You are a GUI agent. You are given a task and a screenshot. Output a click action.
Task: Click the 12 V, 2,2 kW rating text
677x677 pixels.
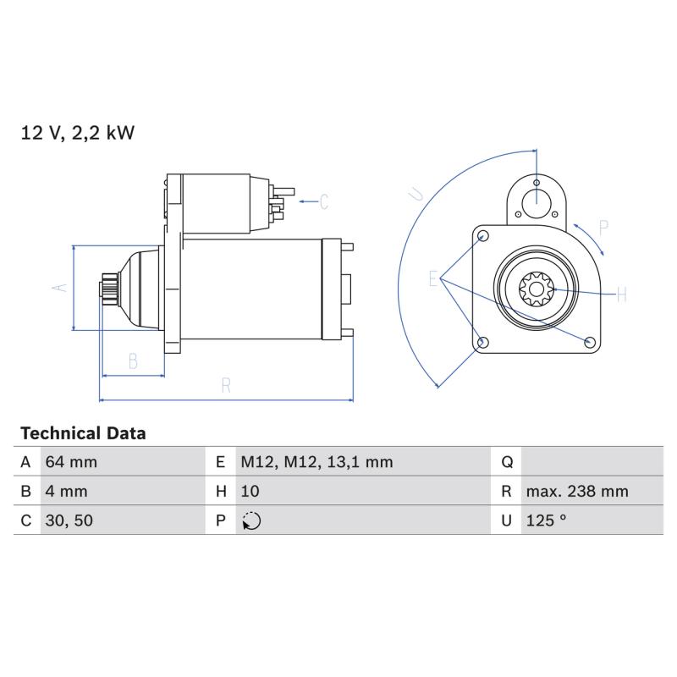[x=78, y=133]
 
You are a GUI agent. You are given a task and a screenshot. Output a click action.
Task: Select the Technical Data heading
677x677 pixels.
[x=83, y=433]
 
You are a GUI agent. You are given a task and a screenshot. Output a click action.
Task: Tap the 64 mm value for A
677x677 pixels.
[x=71, y=462]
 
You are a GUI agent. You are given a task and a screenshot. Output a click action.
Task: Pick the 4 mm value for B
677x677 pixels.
[x=66, y=492]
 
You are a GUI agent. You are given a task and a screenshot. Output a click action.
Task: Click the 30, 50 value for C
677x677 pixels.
[x=69, y=520]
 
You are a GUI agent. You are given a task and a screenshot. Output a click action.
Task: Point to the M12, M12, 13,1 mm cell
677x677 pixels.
[x=316, y=462]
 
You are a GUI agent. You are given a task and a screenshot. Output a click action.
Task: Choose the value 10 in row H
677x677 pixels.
[x=250, y=492]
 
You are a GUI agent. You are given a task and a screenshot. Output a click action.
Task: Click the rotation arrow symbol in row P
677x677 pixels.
[x=251, y=520]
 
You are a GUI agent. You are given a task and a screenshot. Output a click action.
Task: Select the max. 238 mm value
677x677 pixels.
[x=577, y=492]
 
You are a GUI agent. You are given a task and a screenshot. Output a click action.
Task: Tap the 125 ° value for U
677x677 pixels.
[x=546, y=520]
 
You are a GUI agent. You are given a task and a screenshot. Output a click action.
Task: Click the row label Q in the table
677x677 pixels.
[x=507, y=462]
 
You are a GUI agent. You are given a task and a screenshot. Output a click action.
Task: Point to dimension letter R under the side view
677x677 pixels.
[x=226, y=386]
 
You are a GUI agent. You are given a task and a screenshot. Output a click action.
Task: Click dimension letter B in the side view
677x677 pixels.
[x=134, y=361]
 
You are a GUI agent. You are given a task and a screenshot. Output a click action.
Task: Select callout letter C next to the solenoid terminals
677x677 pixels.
[x=324, y=201]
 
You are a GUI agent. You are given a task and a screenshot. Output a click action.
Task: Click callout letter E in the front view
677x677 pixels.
[x=433, y=279]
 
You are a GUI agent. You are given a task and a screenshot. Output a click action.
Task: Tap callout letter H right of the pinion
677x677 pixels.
[x=622, y=294]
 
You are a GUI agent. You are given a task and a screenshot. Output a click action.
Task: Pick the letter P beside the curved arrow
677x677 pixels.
[x=603, y=228]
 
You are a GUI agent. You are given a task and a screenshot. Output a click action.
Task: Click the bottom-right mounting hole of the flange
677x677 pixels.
[x=589, y=343]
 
